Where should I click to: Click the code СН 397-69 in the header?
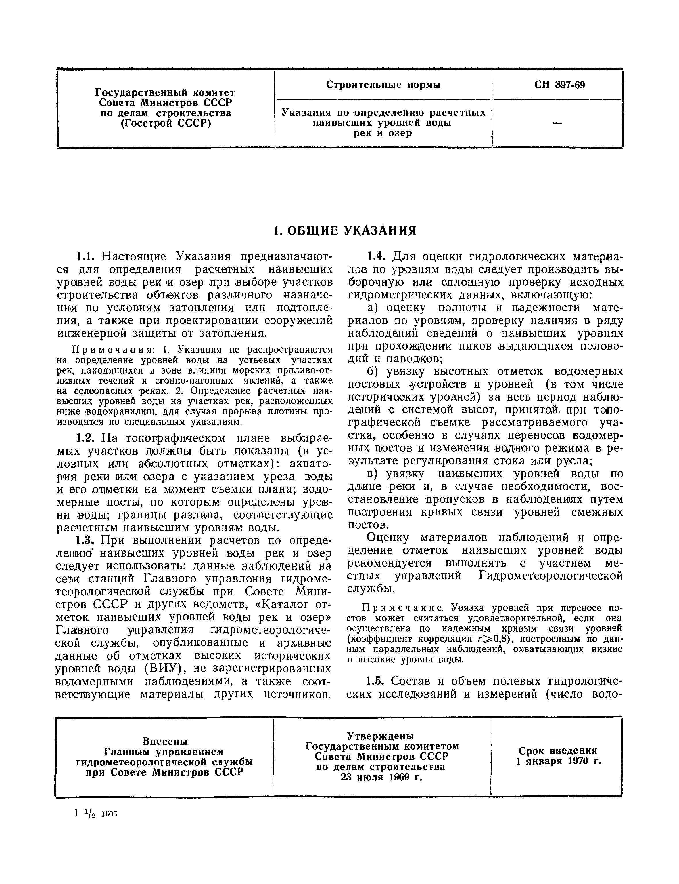559,85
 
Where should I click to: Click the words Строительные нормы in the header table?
383,85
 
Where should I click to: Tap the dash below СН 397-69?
557,123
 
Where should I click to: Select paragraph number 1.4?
377,256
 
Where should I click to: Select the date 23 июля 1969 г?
381,777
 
